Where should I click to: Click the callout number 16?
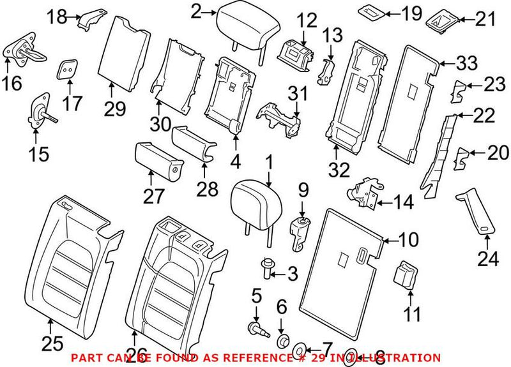pyautogui.click(x=13, y=83)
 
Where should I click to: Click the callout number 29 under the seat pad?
pyautogui.click(x=116, y=110)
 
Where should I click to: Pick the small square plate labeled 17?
pyautogui.click(x=68, y=70)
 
